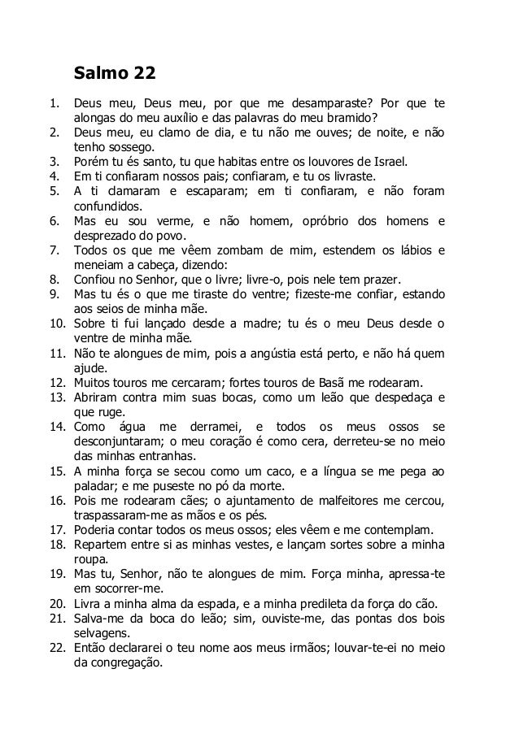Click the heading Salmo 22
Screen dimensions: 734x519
coord(115,75)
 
